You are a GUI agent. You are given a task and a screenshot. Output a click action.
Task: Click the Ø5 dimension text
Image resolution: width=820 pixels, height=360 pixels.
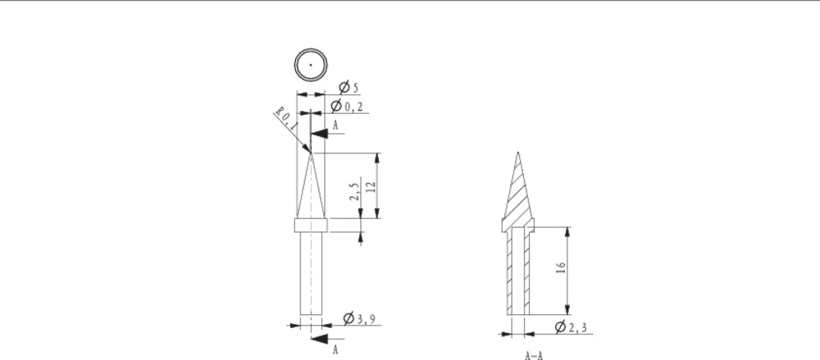pyautogui.click(x=348, y=87)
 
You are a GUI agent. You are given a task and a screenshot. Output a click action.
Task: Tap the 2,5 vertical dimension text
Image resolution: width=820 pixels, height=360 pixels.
pyautogui.click(x=354, y=192)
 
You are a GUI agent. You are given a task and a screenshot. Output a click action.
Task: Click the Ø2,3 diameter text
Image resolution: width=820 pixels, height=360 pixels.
pyautogui.click(x=571, y=328)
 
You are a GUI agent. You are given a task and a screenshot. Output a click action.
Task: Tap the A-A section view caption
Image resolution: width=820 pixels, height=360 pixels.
pyautogui.click(x=534, y=355)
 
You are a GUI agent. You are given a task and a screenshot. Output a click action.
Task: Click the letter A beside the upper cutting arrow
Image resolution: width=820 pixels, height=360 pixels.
pyautogui.click(x=335, y=125)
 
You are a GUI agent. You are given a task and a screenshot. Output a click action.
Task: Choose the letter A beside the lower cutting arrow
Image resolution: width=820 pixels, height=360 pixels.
pyautogui.click(x=335, y=349)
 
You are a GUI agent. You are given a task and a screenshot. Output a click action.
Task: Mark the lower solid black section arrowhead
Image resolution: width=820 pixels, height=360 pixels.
pyautogui.click(x=321, y=338)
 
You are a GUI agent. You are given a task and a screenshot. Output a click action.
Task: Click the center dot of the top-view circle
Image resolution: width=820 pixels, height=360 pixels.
pyautogui.click(x=311, y=64)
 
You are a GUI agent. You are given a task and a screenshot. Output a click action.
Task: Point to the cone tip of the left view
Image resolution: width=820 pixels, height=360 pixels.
pyautogui.click(x=311, y=153)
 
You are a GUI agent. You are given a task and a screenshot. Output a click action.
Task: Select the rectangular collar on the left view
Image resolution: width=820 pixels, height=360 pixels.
pyautogui.click(x=311, y=225)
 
